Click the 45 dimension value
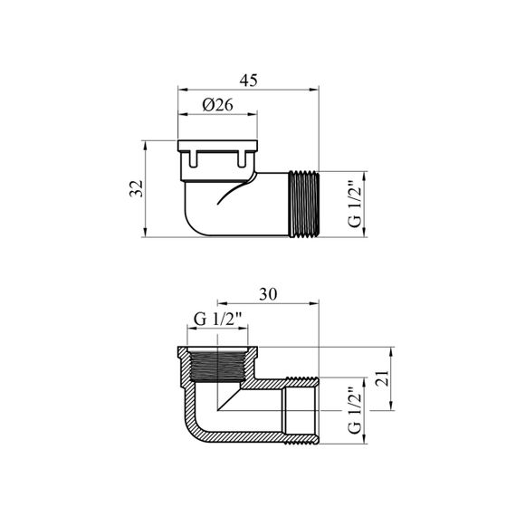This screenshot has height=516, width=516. [248, 81]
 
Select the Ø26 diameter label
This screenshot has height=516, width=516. [218, 105]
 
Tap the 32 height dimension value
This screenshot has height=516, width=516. [136, 188]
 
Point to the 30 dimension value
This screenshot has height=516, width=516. [268, 294]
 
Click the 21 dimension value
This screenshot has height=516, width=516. [382, 378]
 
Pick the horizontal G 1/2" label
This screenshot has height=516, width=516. [217, 319]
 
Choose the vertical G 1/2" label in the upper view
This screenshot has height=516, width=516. [355, 204]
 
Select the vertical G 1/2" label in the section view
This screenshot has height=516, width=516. [355, 410]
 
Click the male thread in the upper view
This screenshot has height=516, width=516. [303, 204]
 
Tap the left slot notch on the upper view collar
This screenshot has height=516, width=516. [193, 158]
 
